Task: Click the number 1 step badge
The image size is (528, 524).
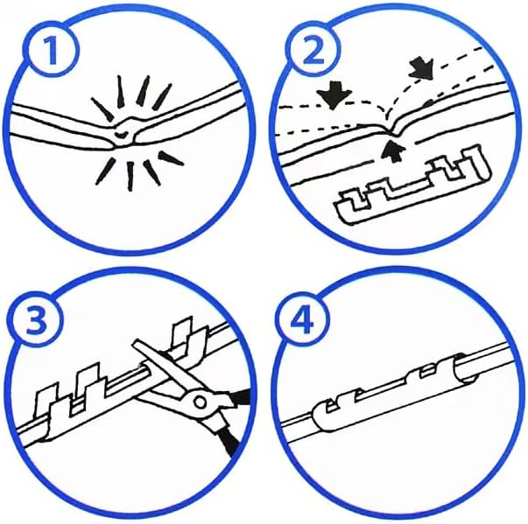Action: pyautogui.click(x=53, y=51)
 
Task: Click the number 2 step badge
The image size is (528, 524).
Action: pyautogui.click(x=313, y=52)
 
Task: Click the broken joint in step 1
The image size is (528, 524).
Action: pyautogui.click(x=124, y=132)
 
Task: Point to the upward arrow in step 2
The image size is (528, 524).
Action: pyautogui.click(x=392, y=151)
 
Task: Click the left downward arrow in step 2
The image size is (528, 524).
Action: pyautogui.click(x=334, y=96)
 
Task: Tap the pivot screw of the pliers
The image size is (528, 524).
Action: pyautogui.click(x=200, y=402)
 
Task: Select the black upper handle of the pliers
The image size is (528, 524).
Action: pyautogui.click(x=241, y=397)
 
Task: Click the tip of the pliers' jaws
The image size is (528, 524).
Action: pyautogui.click(x=137, y=344)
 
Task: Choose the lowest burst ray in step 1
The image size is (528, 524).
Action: pyautogui.click(x=130, y=177)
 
